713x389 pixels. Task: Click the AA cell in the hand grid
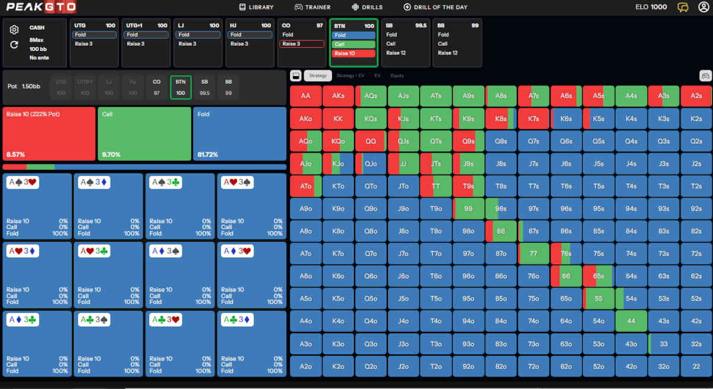[306, 96]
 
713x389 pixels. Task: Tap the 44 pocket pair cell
[631, 321]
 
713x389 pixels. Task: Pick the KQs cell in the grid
[371, 118]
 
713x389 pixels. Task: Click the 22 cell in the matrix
[696, 366]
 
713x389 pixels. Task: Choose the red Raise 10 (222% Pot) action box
[49, 134]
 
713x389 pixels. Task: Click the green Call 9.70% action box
[144, 134]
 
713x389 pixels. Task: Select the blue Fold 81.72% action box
[239, 134]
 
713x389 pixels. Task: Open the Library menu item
[256, 7]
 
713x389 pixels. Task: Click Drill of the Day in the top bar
[436, 7]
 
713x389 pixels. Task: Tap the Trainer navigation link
[313, 7]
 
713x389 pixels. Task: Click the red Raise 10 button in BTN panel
[354, 53]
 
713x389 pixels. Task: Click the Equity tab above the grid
[397, 75]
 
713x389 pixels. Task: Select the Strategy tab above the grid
[318, 75]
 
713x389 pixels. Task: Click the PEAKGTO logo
[38, 8]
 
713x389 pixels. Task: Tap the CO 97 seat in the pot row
[157, 87]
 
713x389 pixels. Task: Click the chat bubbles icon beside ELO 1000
[683, 7]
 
